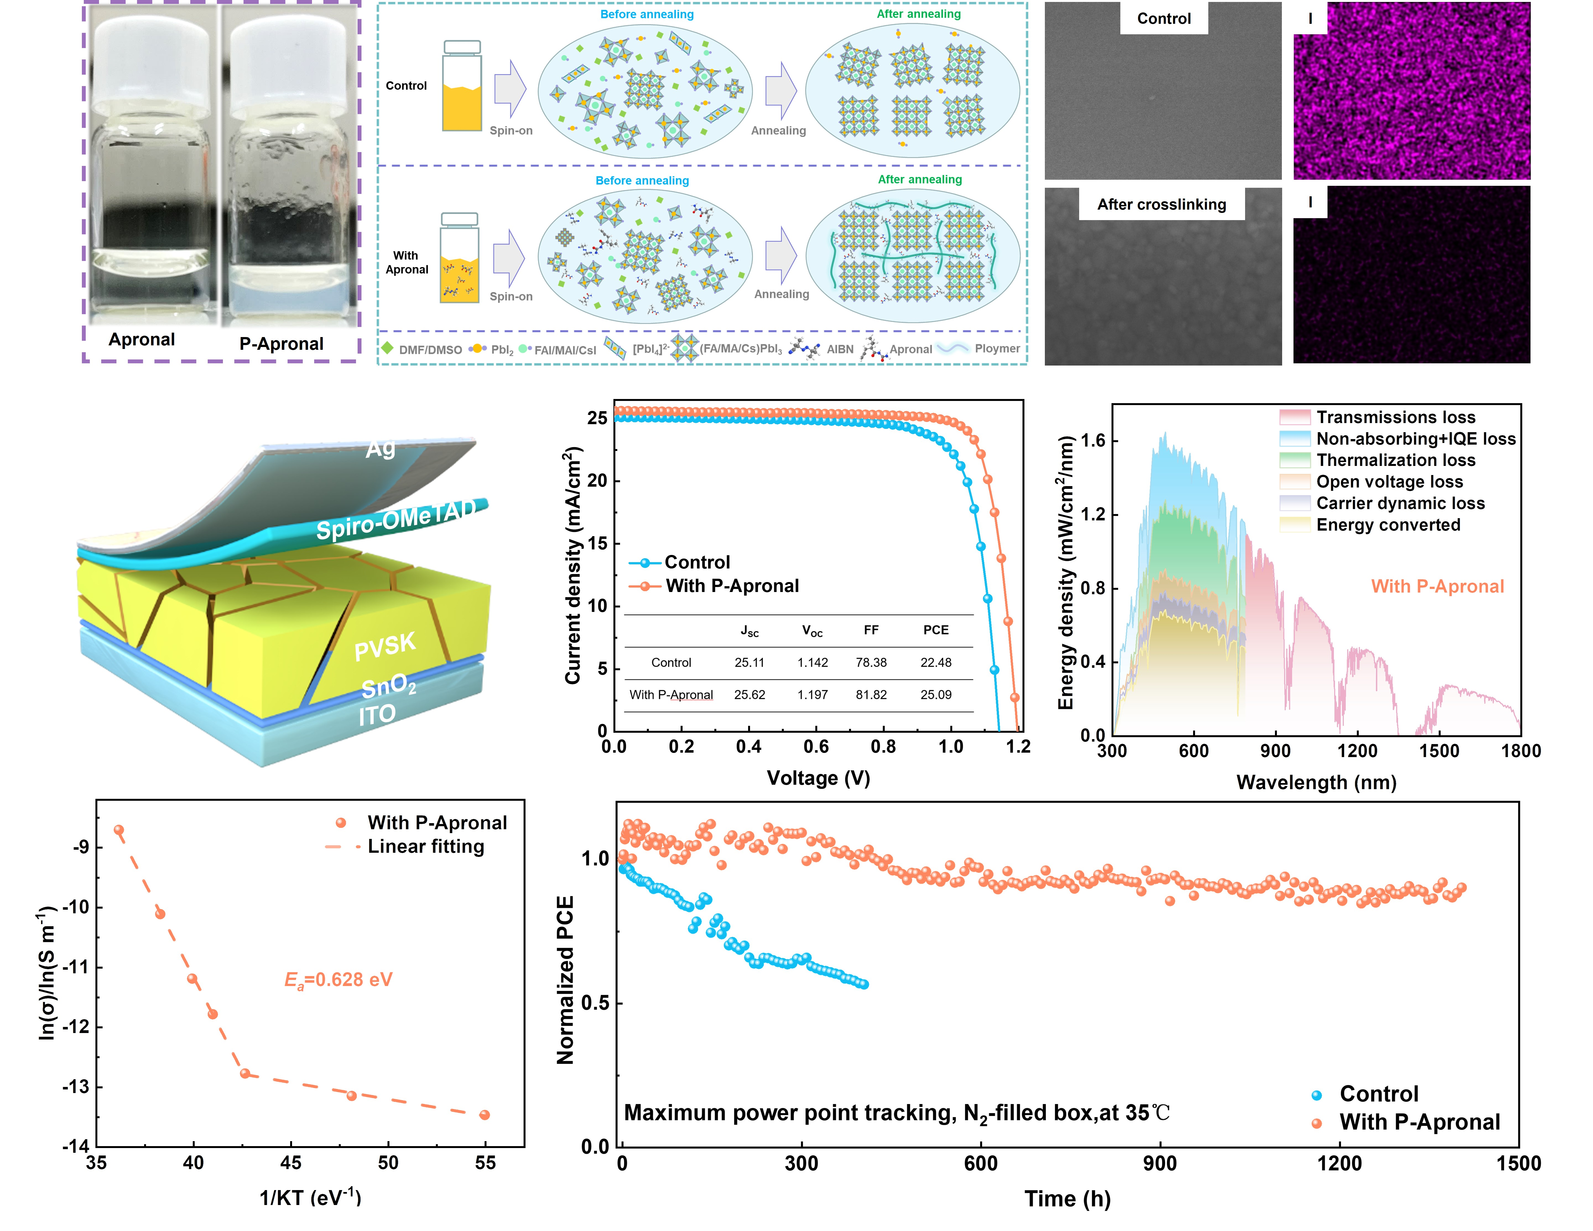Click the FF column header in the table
click(871, 630)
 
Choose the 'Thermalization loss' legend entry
click(1395, 460)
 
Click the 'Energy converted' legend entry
click(1388, 525)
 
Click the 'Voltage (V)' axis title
click(818, 778)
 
